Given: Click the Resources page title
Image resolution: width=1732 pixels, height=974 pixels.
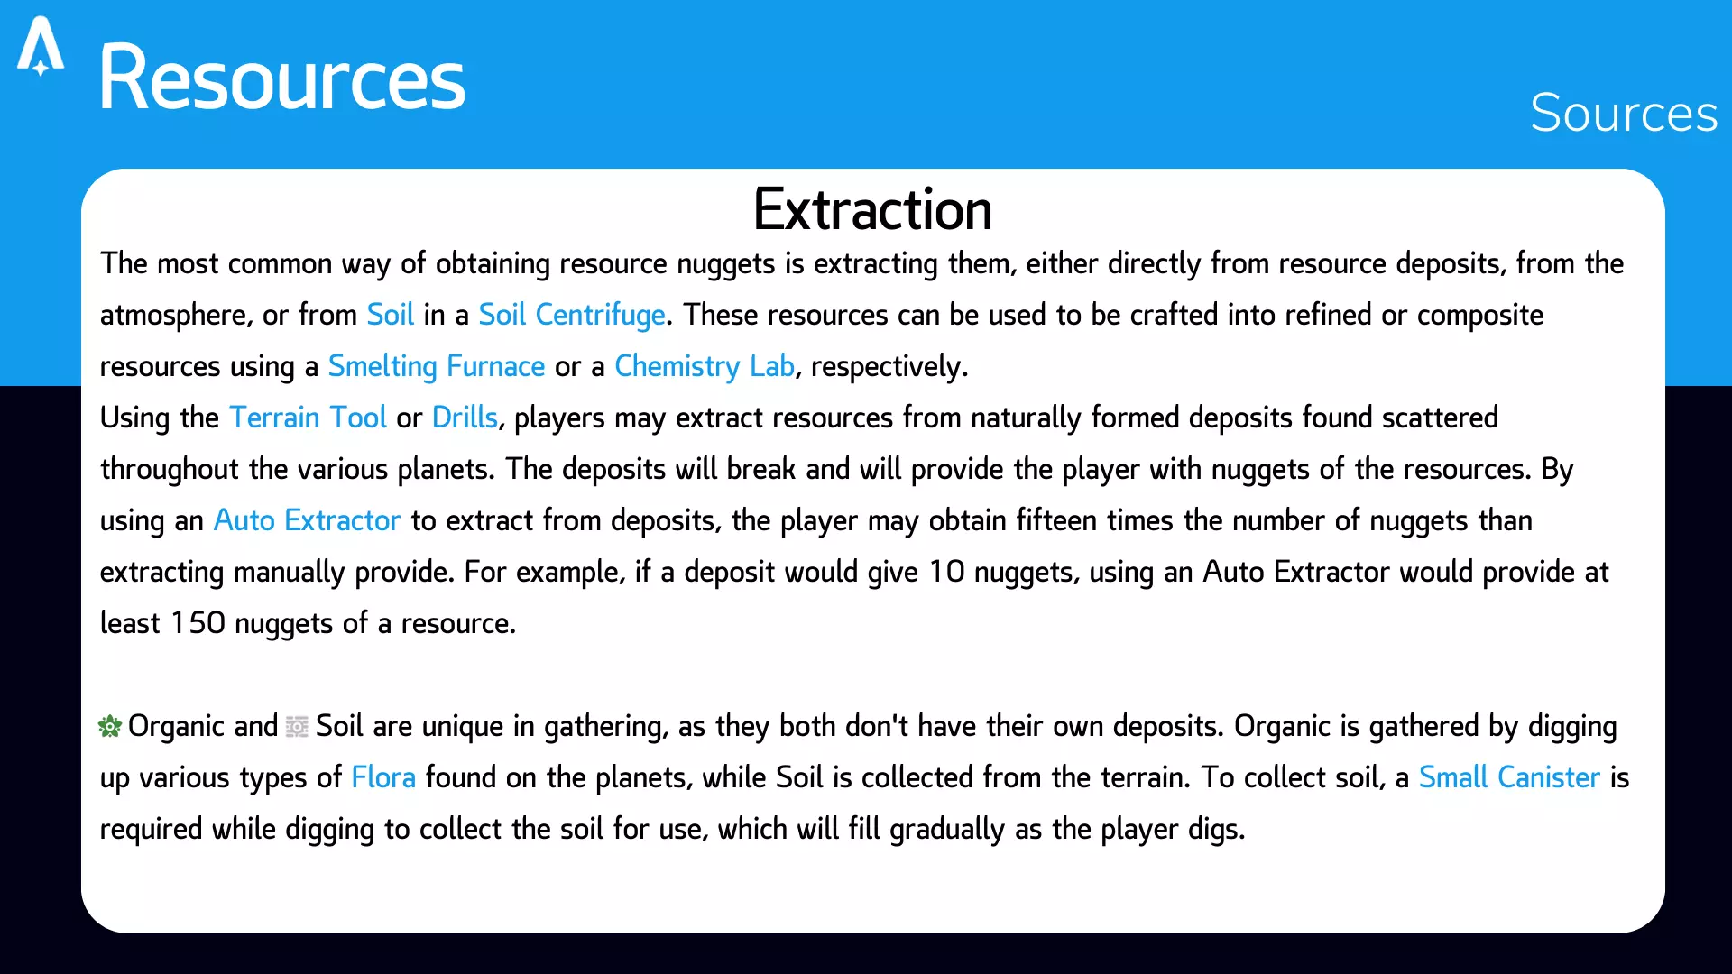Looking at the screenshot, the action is pyautogui.click(x=281, y=78).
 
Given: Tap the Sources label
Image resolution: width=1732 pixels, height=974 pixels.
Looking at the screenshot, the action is pyautogui.click(x=1624, y=113).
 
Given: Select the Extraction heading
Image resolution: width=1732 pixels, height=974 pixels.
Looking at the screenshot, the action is pyautogui.click(x=872, y=209).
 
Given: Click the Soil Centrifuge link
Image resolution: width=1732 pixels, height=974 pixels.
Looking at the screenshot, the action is pyautogui.click(x=572, y=315).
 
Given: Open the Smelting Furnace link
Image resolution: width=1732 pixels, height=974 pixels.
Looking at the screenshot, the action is pyautogui.click(x=437, y=366).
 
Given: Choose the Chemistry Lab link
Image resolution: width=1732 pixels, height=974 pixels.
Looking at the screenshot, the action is pyautogui.click(x=705, y=366).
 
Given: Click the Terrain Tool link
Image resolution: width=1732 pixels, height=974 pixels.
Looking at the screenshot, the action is pyautogui.click(x=308, y=418).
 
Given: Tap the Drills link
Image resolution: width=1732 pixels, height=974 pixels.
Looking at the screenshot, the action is pyautogui.click(x=465, y=418).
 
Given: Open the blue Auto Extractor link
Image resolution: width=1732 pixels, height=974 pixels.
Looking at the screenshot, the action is pyautogui.click(x=307, y=520).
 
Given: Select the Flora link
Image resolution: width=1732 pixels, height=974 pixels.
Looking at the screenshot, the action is pyautogui.click(x=383, y=777).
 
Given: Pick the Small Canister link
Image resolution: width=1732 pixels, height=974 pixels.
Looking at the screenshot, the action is pyautogui.click(x=1509, y=777).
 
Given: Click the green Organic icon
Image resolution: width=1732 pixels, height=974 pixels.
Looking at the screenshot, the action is pyautogui.click(x=110, y=726).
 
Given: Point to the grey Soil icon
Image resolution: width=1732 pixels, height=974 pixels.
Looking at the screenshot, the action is pyautogui.click(x=297, y=726).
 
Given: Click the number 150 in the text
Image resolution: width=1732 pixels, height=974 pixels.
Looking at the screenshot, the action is pyautogui.click(x=198, y=623).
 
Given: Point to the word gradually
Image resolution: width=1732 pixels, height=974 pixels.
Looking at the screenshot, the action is pyautogui.click(x=947, y=829).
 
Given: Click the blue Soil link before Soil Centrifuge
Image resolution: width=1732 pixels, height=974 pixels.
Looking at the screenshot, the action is pyautogui.click(x=391, y=315).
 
